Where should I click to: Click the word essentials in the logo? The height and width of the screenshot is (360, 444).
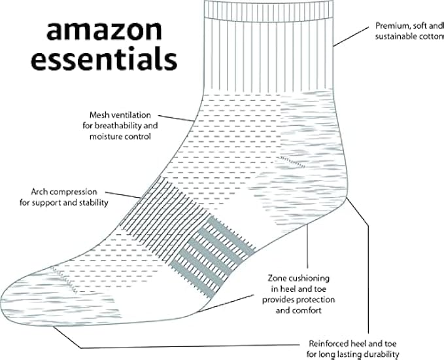(x=104, y=60)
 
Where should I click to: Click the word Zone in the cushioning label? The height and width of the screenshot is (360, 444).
(x=280, y=278)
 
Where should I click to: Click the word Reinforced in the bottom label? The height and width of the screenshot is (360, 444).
(x=333, y=343)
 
